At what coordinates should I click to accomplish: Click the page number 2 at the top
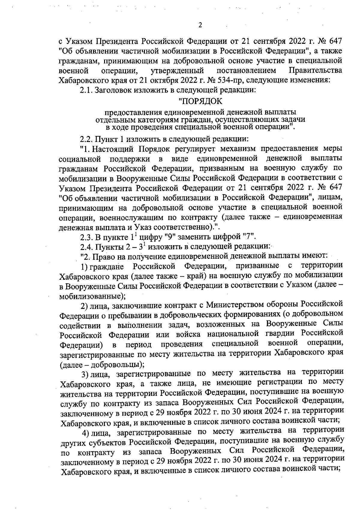[x=200, y=26]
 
